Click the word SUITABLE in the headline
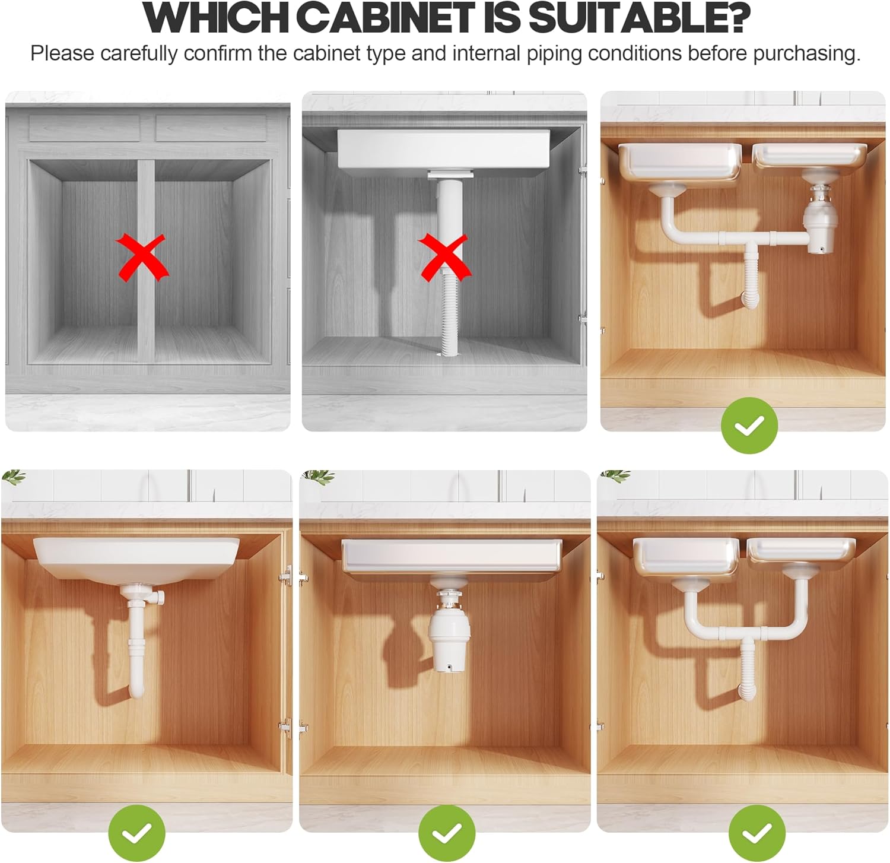click(x=638, y=18)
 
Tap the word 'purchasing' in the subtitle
click(x=806, y=53)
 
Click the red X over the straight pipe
click(x=444, y=256)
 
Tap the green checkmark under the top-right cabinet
click(x=749, y=425)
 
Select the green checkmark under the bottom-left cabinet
click(x=137, y=833)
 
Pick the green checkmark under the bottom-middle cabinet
click(x=446, y=833)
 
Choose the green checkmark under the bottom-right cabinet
click(x=757, y=833)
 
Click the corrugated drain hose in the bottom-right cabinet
click(x=749, y=668)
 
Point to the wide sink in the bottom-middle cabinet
click(x=451, y=556)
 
